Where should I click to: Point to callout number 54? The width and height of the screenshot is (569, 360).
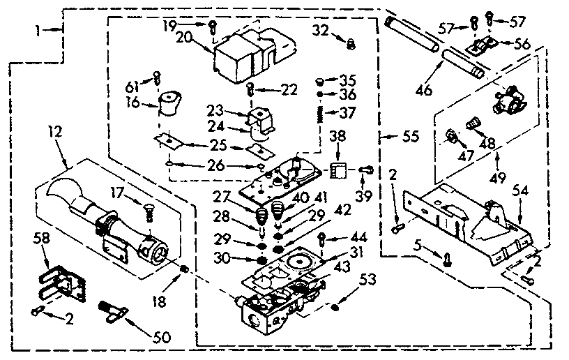[521, 190]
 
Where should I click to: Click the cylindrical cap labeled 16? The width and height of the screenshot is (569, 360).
[168, 105]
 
